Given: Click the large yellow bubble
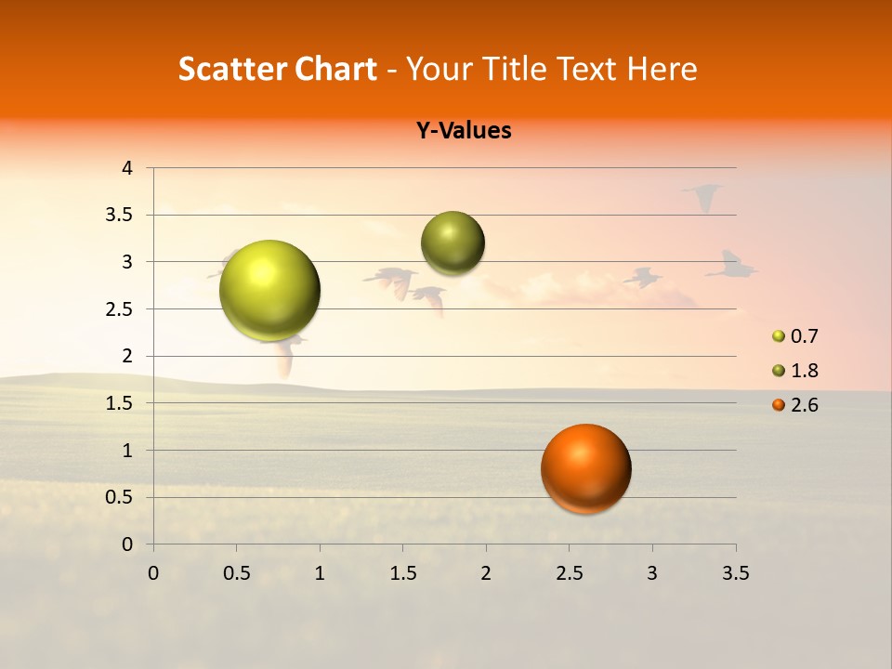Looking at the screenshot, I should click(x=269, y=290).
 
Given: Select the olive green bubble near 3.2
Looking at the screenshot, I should click(x=453, y=243).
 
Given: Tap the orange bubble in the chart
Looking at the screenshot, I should click(x=585, y=468).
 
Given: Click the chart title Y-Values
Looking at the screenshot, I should click(x=463, y=131).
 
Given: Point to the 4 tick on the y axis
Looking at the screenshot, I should click(x=127, y=168).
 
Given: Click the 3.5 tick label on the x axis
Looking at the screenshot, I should click(x=735, y=573).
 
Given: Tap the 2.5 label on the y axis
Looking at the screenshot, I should click(x=118, y=309).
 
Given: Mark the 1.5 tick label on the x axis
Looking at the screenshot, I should click(x=402, y=573).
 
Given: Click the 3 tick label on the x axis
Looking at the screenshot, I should click(x=652, y=573).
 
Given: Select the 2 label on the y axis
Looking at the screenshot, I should click(x=127, y=356).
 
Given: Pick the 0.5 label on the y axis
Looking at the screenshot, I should click(x=118, y=497).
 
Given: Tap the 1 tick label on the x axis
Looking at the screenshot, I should click(x=320, y=573).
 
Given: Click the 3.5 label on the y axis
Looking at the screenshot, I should click(x=118, y=215).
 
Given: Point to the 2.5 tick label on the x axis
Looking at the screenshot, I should click(x=569, y=573).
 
